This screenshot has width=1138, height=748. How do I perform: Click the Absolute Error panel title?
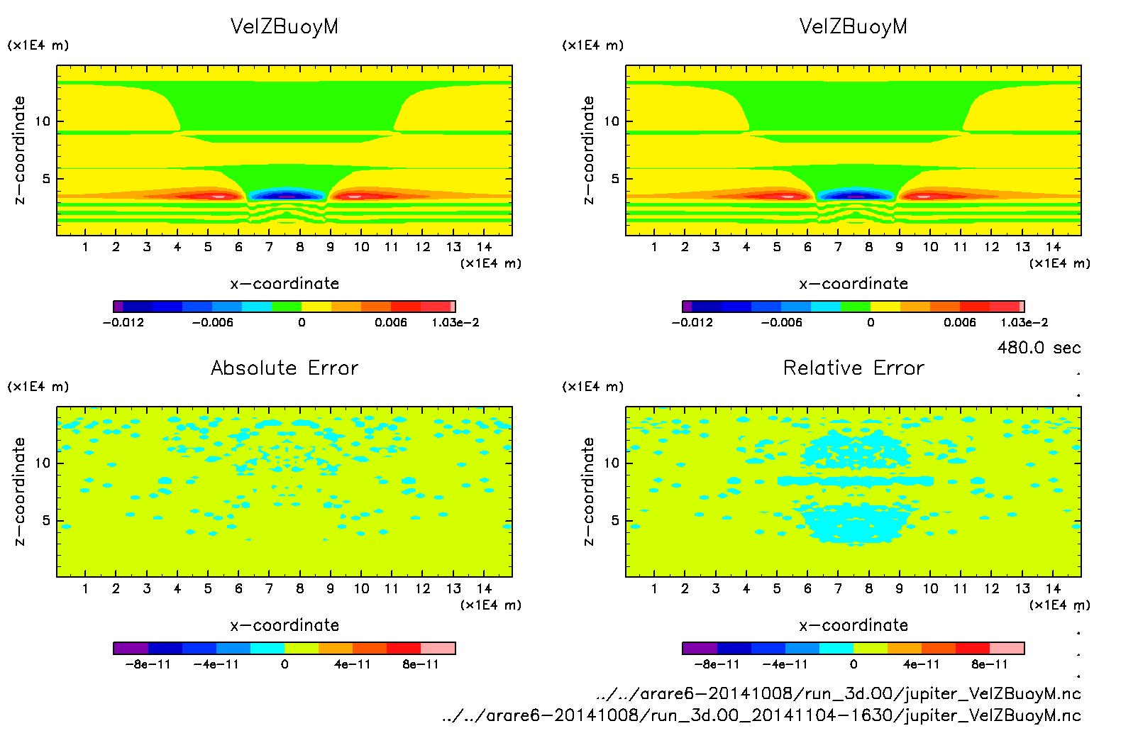(x=284, y=368)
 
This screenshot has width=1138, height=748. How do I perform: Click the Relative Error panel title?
(x=854, y=368)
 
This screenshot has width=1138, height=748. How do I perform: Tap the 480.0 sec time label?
(x=1039, y=348)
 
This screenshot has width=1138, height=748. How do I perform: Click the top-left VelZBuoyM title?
(x=284, y=27)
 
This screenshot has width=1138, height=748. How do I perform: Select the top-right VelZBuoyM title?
(x=854, y=27)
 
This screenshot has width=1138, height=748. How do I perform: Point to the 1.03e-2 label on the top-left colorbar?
(x=455, y=322)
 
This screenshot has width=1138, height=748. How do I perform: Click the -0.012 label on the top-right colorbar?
(x=692, y=322)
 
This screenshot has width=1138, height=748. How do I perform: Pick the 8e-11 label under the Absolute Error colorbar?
(x=421, y=664)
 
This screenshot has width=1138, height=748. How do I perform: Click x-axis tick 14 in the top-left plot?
(x=484, y=247)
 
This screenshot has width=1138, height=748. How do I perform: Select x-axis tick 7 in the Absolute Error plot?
(x=269, y=588)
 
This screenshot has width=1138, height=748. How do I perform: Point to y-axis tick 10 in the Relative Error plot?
(x=612, y=463)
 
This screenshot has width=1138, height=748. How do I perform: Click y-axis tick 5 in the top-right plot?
(x=615, y=179)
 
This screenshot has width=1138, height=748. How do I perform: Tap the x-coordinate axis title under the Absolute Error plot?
(x=284, y=625)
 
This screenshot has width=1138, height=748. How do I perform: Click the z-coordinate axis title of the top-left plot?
(x=19, y=150)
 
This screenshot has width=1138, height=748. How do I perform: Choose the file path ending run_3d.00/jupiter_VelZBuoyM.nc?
(x=839, y=693)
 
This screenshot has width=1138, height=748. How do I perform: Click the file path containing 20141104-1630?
(x=761, y=715)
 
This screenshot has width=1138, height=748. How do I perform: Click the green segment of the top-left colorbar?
(x=287, y=307)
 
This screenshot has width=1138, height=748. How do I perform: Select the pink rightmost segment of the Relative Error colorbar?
(x=1007, y=648)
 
